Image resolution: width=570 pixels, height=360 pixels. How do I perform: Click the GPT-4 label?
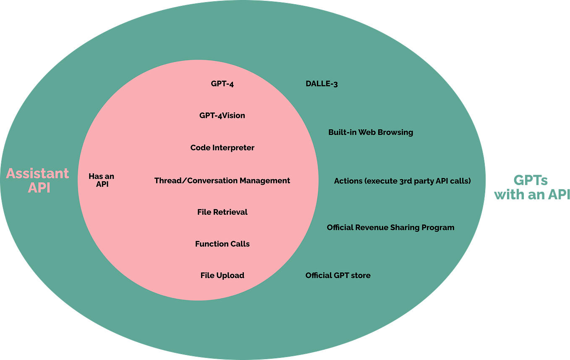coord(222,83)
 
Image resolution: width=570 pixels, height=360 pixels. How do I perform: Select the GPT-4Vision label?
coord(222,115)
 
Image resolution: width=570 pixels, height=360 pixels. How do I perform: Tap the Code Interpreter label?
coord(222,148)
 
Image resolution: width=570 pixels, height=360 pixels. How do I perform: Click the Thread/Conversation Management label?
coord(222,180)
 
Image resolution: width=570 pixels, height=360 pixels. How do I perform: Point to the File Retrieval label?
coord(222,212)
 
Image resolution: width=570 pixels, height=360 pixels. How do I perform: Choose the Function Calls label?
coord(222,244)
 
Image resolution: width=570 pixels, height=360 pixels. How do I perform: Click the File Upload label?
coord(222,275)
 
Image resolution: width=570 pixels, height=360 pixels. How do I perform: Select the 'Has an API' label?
coord(102,180)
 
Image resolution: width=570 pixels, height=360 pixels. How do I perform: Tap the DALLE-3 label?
coord(322,83)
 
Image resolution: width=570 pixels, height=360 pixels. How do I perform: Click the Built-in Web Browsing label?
coord(371,132)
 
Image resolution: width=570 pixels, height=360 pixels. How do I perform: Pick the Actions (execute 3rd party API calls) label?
coord(402,181)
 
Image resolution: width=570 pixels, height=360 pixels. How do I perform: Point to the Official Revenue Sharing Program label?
coord(390,227)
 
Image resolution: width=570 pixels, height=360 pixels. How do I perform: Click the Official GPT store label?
coord(338,275)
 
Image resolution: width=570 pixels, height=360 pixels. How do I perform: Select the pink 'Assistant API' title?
coord(38,180)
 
